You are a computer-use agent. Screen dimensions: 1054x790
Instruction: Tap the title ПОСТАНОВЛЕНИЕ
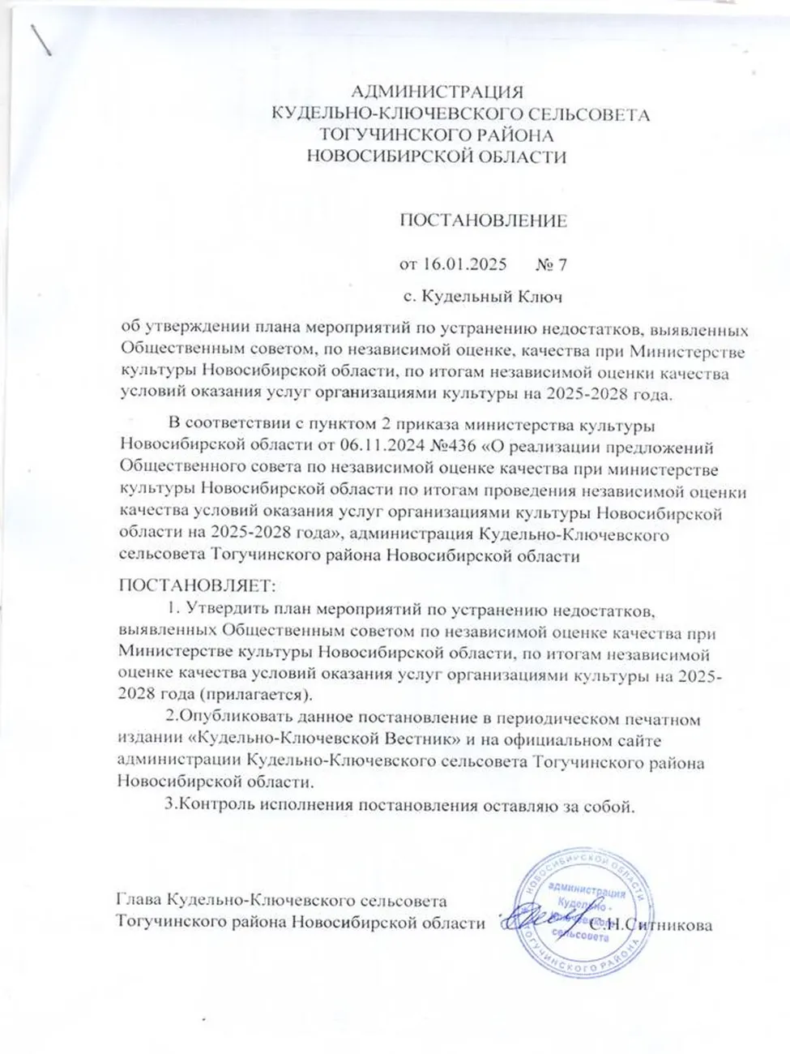click(x=483, y=221)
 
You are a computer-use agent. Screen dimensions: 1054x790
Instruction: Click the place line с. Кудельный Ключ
click(x=483, y=296)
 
